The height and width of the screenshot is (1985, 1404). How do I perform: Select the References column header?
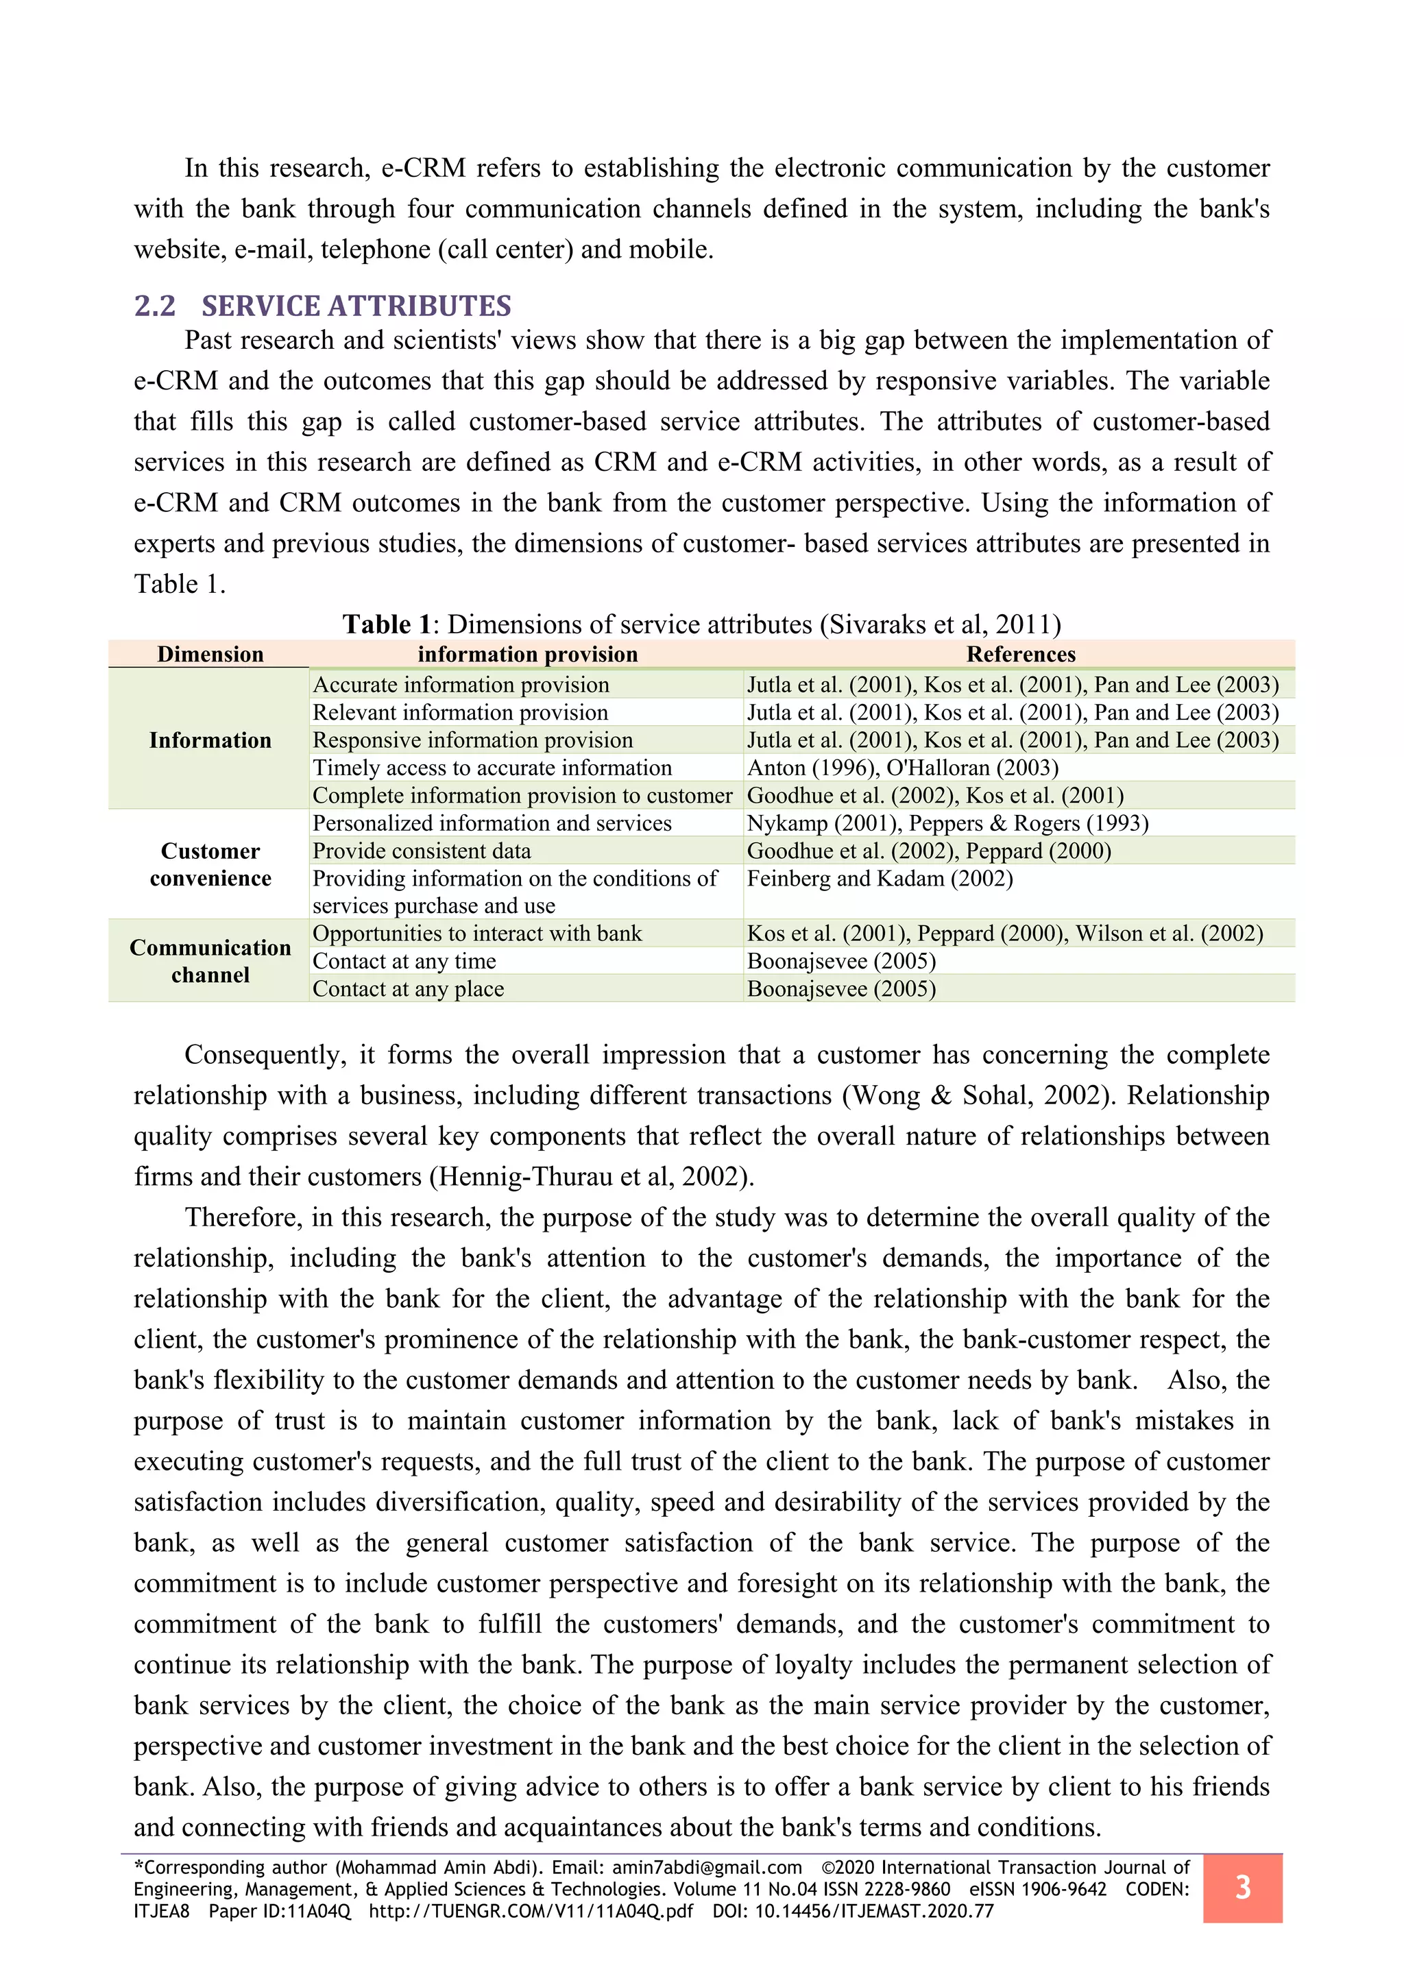coord(1020,655)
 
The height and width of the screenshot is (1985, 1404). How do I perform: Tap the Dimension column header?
coord(210,655)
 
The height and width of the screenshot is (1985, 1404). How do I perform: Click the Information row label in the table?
coord(210,740)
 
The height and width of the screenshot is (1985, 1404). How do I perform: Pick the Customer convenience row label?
coord(210,864)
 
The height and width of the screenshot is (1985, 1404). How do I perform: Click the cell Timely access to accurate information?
coord(492,768)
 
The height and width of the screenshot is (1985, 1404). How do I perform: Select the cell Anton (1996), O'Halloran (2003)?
coord(903,768)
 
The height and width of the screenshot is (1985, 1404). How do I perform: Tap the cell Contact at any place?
coord(408,989)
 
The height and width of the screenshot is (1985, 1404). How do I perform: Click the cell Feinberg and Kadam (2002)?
coord(880,879)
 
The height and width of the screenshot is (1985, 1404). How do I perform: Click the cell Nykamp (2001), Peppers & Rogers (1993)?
coord(947,823)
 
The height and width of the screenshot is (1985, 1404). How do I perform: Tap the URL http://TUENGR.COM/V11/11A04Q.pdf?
coord(530,1911)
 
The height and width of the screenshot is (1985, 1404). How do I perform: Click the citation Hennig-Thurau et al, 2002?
coord(593,1177)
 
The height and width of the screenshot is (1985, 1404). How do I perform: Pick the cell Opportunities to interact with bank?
coord(477,934)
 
